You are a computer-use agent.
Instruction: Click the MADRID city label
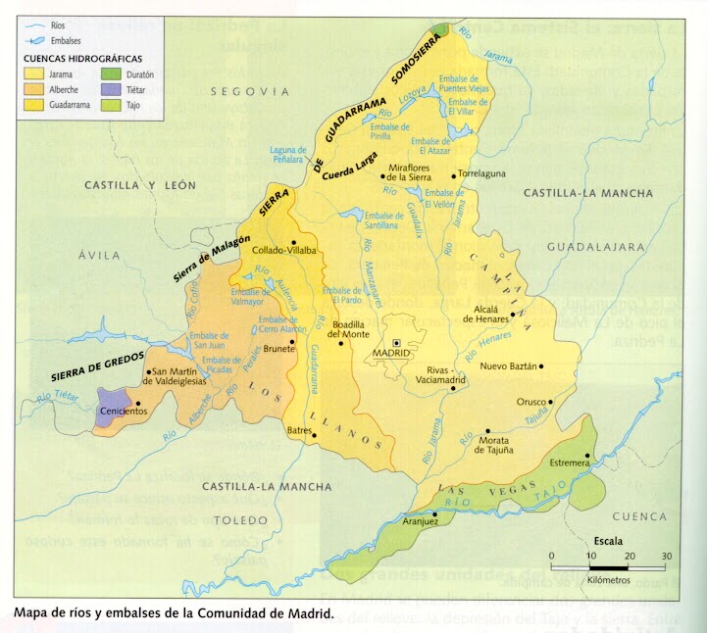click(388, 354)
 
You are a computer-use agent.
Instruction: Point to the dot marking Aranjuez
click(434, 512)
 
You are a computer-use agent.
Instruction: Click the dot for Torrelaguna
click(454, 176)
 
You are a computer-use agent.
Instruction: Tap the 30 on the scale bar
click(667, 556)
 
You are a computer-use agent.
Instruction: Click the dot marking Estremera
click(586, 456)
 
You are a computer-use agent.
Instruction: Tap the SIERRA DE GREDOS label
click(99, 364)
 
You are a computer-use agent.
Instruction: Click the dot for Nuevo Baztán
click(542, 366)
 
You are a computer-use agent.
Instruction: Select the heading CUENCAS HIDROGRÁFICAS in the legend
click(81, 59)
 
